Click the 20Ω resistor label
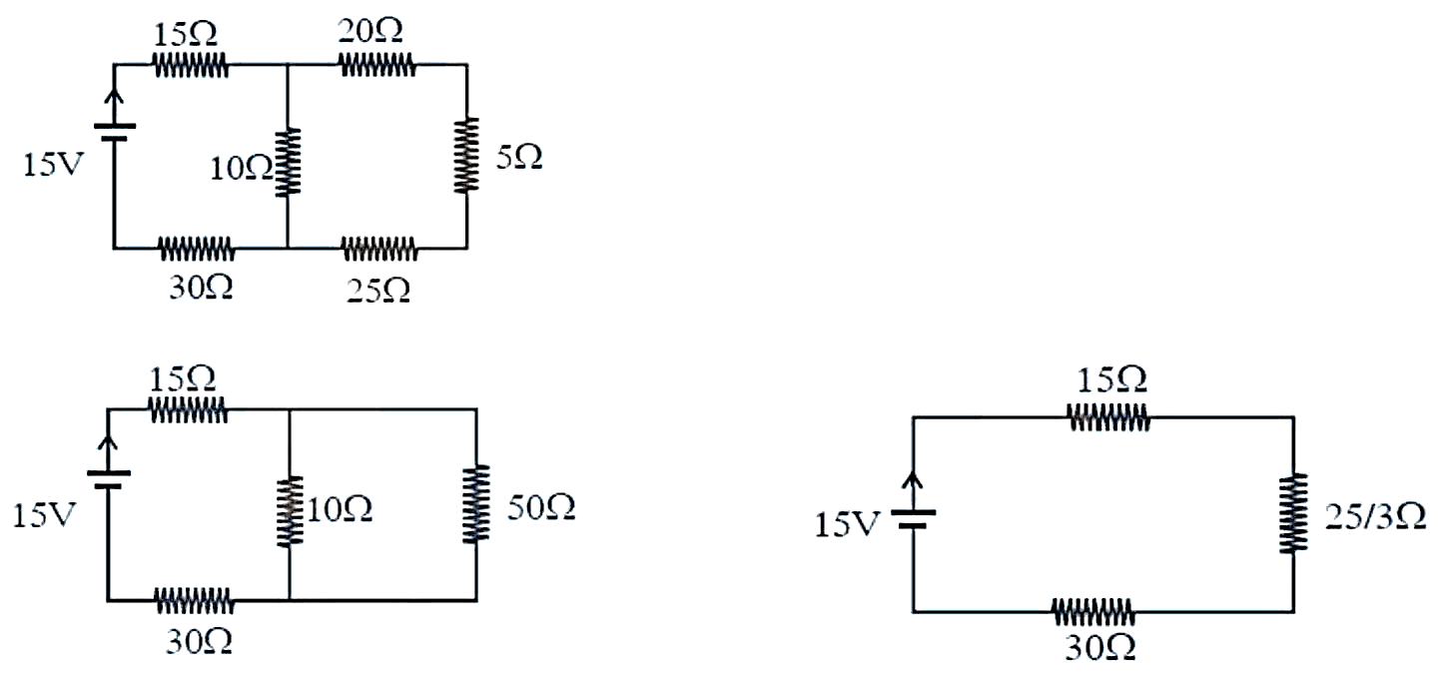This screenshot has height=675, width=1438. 369,30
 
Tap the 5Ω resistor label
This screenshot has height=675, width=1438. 518,157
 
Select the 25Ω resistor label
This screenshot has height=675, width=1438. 378,291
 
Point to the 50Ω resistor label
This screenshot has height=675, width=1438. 541,507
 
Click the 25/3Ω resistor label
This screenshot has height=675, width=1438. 1375,516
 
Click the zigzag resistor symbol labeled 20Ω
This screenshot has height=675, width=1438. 377,65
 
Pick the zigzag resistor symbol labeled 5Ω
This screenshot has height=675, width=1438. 466,155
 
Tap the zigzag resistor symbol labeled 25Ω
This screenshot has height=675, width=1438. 380,249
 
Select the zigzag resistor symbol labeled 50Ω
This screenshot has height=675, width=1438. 476,504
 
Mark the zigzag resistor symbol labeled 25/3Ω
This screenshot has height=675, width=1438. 1293,512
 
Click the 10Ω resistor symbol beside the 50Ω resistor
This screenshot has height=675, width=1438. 290,510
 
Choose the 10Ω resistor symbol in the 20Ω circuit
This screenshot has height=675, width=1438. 287,162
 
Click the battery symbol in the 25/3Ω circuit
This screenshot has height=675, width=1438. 913,519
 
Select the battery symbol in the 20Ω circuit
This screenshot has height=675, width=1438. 115,132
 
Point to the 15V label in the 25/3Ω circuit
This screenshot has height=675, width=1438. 846,525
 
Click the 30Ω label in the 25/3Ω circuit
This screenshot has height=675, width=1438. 1100,648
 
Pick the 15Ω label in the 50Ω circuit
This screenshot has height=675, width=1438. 183,379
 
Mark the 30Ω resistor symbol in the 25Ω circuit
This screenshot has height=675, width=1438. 197,249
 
